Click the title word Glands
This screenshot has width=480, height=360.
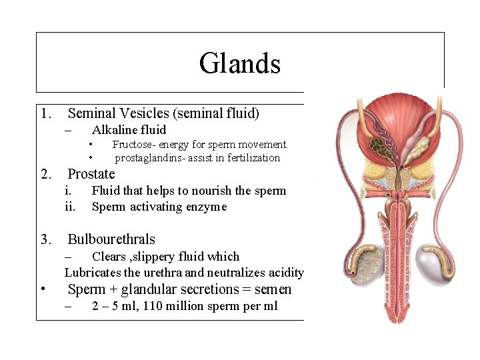[239, 64]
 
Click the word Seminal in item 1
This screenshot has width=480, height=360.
[91, 114]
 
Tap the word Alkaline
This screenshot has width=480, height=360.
[113, 130]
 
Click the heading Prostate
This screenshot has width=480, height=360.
[91, 174]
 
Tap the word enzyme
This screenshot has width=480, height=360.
[207, 207]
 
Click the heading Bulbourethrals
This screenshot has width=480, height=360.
[111, 239]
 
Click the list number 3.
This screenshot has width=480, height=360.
[45, 239]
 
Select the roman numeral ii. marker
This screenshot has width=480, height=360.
[70, 207]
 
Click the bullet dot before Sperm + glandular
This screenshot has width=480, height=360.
[43, 290]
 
